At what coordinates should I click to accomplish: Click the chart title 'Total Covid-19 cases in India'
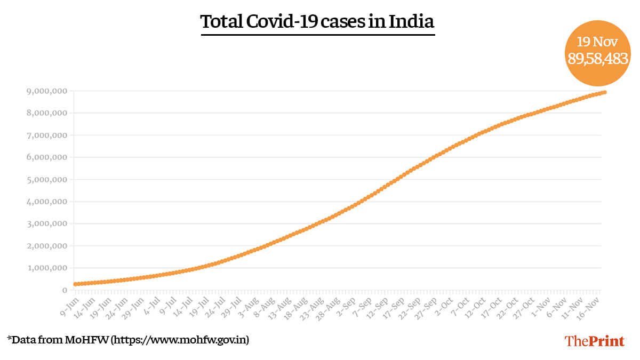pyautogui.click(x=317, y=22)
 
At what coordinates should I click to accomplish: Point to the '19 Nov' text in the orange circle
pyautogui.click(x=597, y=42)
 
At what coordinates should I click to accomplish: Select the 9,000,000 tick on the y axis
pyautogui.click(x=47, y=91)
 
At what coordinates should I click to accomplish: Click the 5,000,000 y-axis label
pyautogui.click(x=47, y=180)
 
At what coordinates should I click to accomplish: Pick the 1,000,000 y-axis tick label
pyautogui.click(x=47, y=268)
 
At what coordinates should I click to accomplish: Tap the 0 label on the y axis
pyautogui.click(x=65, y=290)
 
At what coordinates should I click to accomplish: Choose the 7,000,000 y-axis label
pyautogui.click(x=47, y=135)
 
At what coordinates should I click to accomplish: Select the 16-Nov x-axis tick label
pyautogui.click(x=591, y=306)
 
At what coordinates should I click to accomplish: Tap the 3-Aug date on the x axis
pyautogui.click(x=250, y=305)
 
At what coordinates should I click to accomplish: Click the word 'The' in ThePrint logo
pyautogui.click(x=577, y=341)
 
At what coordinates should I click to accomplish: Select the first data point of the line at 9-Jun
pyautogui.click(x=76, y=284)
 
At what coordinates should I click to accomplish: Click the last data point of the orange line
pyautogui.click(x=604, y=92)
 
